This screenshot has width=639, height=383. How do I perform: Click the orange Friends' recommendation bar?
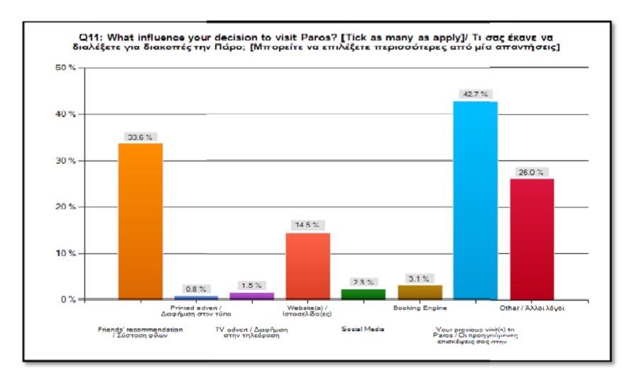pos(140,221)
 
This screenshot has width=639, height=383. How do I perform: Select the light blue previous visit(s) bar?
pos(475,200)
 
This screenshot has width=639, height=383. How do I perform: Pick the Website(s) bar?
pos(307,266)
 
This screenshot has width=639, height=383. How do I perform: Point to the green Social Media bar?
pos(363,294)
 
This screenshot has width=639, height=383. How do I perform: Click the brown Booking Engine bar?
pos(420,292)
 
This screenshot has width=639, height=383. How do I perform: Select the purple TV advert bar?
pos(251,295)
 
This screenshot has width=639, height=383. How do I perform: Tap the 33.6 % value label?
pos(140,137)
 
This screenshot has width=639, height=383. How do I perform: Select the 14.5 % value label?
pos(307,226)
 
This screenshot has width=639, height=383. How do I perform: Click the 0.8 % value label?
pos(195,289)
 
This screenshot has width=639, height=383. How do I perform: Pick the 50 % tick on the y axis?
pos(67,67)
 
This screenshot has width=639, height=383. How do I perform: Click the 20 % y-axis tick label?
pos(67,207)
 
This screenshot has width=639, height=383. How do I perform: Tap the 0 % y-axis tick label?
pos(70,299)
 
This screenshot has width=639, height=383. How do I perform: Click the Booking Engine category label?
pos(420,309)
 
